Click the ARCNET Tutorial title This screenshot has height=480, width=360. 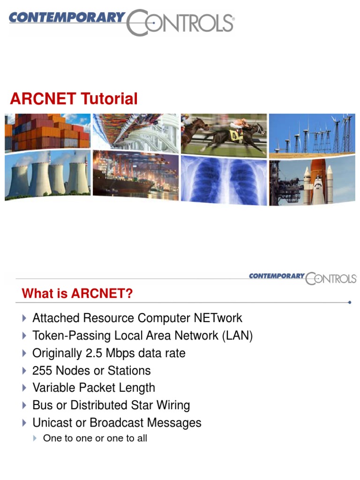pyautogui.click(x=74, y=99)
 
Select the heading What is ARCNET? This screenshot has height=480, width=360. pyautogui.click(x=77, y=294)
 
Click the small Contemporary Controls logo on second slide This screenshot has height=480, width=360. pyautogui.click(x=302, y=277)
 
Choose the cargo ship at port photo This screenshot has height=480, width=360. pyautogui.click(x=135, y=175)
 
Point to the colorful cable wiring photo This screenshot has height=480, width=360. pyautogui.click(x=135, y=131)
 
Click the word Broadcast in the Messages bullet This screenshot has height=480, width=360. pyautogui.click(x=117, y=423)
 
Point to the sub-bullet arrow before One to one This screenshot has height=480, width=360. pyautogui.click(x=36, y=439)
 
